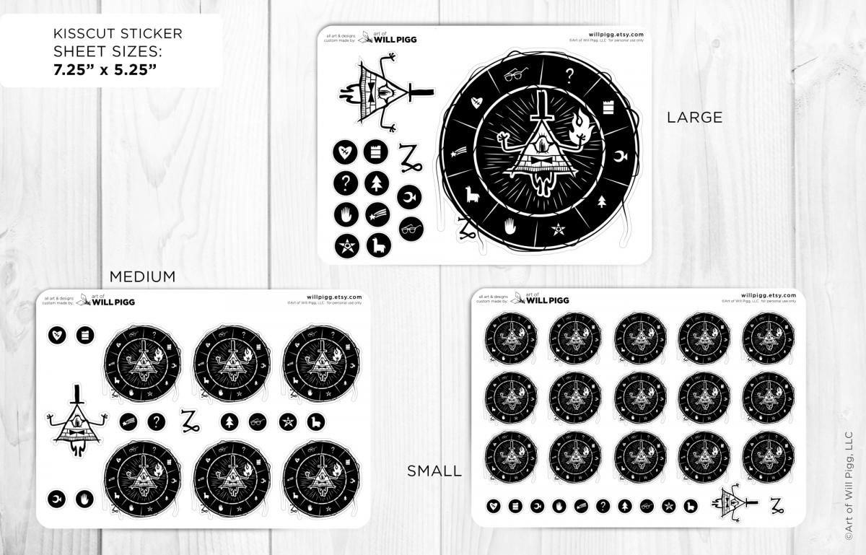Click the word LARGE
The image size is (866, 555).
(694, 117)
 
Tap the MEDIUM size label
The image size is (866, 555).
(142, 276)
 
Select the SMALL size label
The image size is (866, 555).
(434, 471)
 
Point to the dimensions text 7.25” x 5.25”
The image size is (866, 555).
(105, 70)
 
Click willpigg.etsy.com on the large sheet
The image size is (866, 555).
(616, 34)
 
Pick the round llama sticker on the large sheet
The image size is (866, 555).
(378, 245)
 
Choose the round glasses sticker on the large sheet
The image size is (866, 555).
(411, 228)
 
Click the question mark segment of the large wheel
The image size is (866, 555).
(569, 76)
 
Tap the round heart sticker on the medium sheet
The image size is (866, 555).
(57, 335)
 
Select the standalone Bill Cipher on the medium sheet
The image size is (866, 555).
(76, 422)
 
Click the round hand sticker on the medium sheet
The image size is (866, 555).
(85, 498)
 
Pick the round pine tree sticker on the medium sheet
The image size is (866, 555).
(229, 422)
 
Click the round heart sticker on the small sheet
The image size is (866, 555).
(494, 506)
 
